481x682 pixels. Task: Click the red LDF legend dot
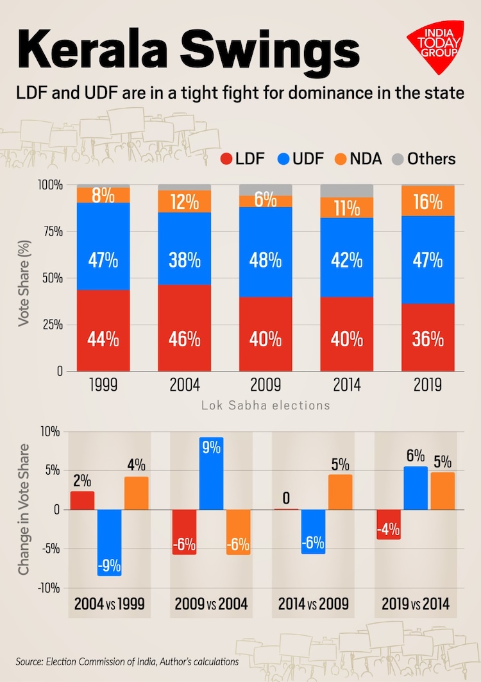pyautogui.click(x=226, y=159)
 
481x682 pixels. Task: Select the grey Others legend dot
pyautogui.click(x=397, y=159)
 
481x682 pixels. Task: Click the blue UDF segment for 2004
pyautogui.click(x=184, y=248)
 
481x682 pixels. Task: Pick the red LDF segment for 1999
pyautogui.click(x=103, y=330)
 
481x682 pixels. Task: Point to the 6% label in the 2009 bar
pyautogui.click(x=265, y=201)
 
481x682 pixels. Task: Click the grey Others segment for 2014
pyautogui.click(x=346, y=191)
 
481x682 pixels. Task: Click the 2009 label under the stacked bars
pyautogui.click(x=265, y=385)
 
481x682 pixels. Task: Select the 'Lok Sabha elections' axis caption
pyautogui.click(x=266, y=405)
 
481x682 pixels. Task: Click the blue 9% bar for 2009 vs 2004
pyautogui.click(x=211, y=473)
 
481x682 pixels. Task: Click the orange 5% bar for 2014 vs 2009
pyautogui.click(x=340, y=491)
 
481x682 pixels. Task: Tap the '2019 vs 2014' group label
pyautogui.click(x=416, y=604)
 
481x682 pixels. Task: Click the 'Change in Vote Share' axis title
pyautogui.click(x=24, y=509)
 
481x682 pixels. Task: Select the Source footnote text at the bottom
pyautogui.click(x=128, y=661)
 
